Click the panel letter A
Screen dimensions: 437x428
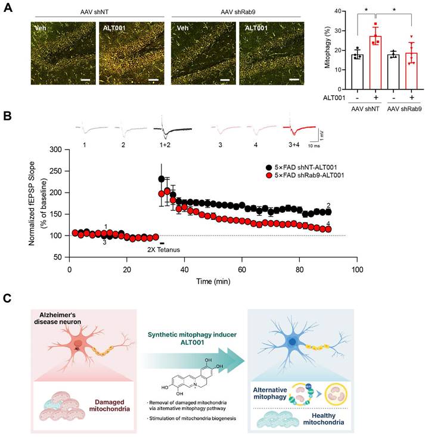point(8,11)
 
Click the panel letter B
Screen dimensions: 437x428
point(8,113)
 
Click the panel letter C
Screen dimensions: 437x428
point(8,296)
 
